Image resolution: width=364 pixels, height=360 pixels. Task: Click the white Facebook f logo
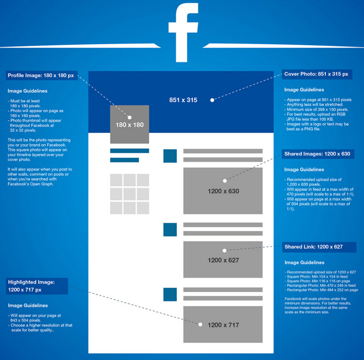point(184,32)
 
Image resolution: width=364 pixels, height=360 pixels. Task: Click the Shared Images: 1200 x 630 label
point(318,154)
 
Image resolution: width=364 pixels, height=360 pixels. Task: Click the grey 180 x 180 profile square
point(130,124)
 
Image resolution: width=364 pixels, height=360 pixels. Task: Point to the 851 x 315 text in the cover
point(183,100)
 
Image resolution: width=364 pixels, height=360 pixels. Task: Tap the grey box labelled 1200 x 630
point(223,191)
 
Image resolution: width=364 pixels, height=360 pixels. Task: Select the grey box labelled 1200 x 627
point(223,259)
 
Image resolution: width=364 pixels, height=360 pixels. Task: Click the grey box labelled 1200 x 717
point(223,324)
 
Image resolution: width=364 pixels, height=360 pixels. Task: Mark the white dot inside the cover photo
point(212,100)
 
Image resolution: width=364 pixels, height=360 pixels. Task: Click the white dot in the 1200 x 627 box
point(224,250)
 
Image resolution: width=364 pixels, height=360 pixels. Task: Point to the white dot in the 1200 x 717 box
point(200,325)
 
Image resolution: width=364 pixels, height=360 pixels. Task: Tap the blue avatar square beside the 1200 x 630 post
point(170,156)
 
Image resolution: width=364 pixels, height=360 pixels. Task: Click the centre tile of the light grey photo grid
point(130,194)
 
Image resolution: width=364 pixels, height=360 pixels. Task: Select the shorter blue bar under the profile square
point(124,160)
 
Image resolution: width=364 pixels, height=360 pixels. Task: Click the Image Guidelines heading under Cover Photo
point(304,90)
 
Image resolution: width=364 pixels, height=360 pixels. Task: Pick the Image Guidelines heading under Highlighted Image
point(28,305)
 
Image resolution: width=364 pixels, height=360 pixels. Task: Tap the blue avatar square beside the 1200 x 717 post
point(170,295)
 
